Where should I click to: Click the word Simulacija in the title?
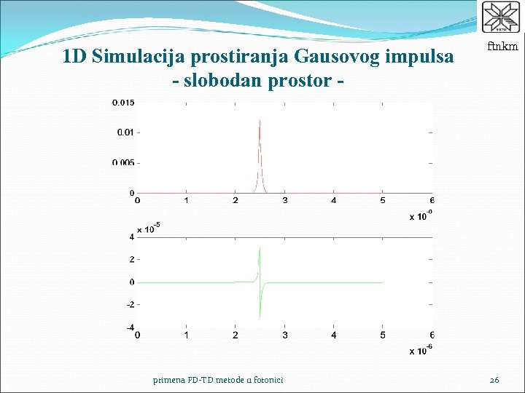coord(139,57)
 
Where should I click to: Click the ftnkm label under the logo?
coord(503,47)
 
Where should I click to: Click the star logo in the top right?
coord(502,17)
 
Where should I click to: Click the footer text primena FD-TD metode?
coord(218,379)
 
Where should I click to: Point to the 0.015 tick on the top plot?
coord(122,103)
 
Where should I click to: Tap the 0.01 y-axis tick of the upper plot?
coord(125,132)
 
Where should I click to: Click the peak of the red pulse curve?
coord(260,121)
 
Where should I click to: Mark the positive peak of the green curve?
coord(260,249)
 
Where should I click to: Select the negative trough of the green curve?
coord(260,316)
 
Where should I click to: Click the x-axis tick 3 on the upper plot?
coord(284,201)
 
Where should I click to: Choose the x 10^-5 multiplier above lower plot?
coord(148,229)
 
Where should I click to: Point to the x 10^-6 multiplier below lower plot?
coord(421,350)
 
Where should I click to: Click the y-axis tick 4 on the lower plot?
coord(131,237)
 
